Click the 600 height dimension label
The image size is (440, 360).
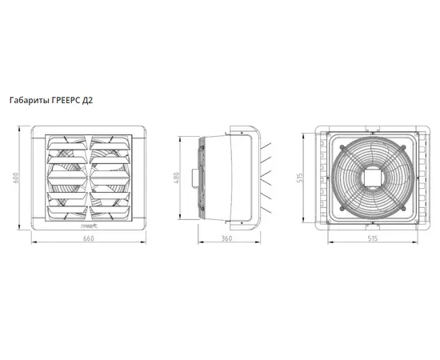coord(16,178)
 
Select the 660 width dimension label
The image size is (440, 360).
coord(88,238)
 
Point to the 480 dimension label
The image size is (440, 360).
coord(177,178)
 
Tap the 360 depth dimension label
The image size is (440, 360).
coord(226,238)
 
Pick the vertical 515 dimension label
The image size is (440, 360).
coord(300,178)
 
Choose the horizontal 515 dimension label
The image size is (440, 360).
coord(373,238)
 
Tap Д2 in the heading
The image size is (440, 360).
coord(87,101)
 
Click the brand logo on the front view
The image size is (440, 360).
coord(88,225)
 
